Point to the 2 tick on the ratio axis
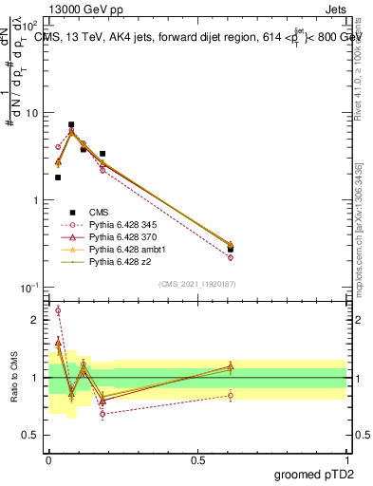(37, 320)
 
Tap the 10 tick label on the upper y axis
(32, 113)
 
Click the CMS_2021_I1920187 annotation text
(197, 283)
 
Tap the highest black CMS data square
(71, 124)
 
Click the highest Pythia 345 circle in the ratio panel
(58, 310)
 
